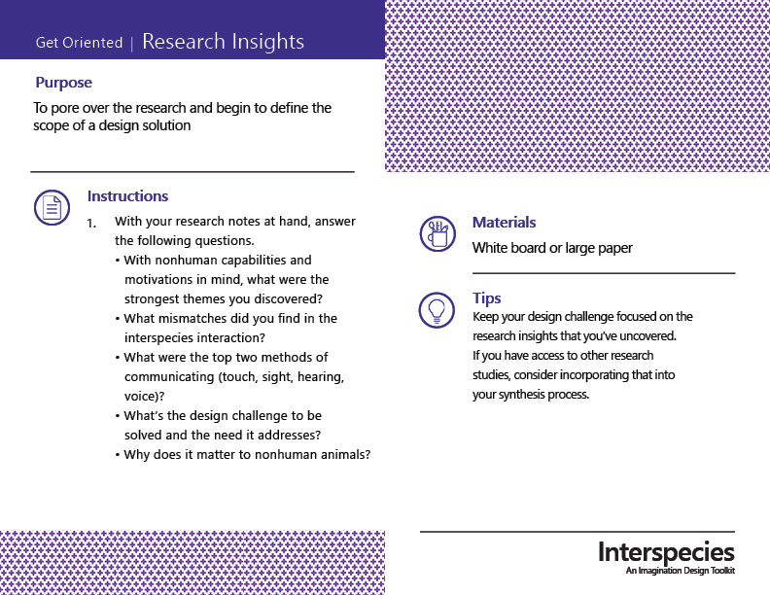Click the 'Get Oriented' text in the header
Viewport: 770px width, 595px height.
pos(79,43)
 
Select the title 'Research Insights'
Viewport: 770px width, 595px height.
pos(223,42)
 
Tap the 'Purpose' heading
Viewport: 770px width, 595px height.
pos(63,83)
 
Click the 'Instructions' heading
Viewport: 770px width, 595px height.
pos(127,195)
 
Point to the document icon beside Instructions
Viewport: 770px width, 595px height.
pos(52,208)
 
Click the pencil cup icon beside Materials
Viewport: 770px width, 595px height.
pos(437,233)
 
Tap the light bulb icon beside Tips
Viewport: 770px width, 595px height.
pos(437,310)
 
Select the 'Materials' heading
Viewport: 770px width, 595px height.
pos(504,223)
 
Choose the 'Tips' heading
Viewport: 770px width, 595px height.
pos(487,298)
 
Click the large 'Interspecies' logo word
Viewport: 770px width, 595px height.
pos(666,552)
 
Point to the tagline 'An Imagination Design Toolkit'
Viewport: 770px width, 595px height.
pos(681,571)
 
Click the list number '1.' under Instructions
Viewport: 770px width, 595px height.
pos(91,224)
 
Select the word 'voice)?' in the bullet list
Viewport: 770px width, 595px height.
pos(144,396)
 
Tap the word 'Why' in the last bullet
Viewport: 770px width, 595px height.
pos(135,455)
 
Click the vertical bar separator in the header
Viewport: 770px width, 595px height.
pos(131,44)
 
